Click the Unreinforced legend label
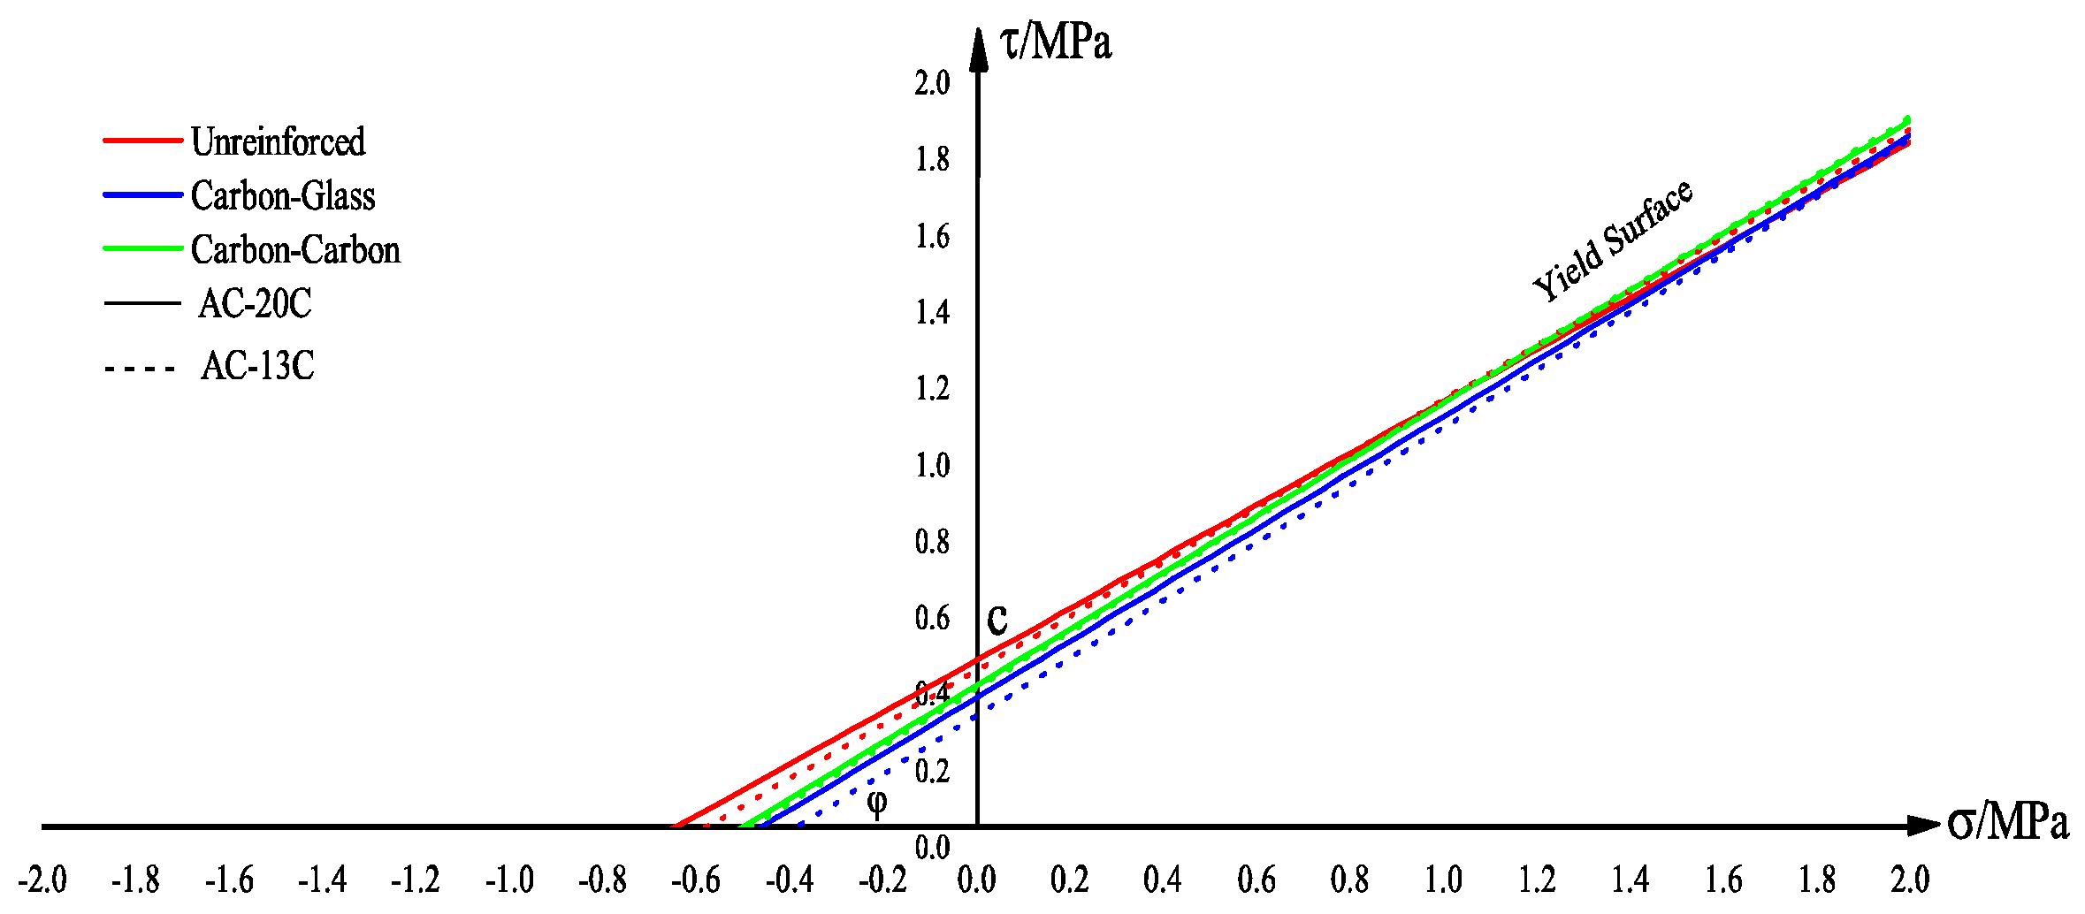coord(278,142)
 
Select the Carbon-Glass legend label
coord(283,196)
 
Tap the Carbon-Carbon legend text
coord(295,250)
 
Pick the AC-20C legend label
coord(255,304)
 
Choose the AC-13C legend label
coord(257,366)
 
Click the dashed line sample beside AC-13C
coord(141,368)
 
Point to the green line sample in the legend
coord(142,248)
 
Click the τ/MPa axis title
coord(1055,42)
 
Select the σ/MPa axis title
coord(2007,823)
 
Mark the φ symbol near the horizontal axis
coord(876,803)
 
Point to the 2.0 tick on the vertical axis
coord(932,83)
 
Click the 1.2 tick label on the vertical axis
coord(932,388)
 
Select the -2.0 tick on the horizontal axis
coord(42,880)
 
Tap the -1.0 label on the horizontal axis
coord(509,880)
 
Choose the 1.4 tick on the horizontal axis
coord(1630,880)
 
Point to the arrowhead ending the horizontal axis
coord(1923,826)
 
